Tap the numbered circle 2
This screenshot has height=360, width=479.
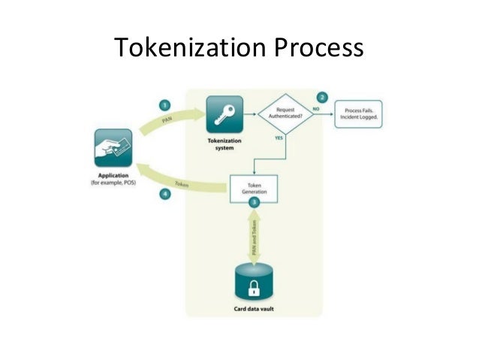point(322,98)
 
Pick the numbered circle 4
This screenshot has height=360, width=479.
point(164,194)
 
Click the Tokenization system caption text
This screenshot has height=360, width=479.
point(222,144)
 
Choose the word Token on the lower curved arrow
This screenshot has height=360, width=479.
point(182,184)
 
